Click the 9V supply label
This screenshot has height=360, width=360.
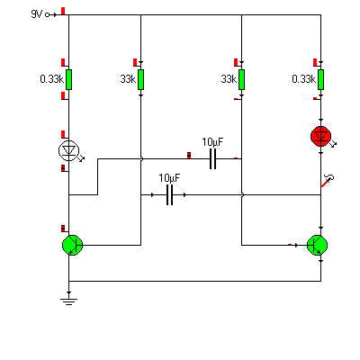(x=37, y=14)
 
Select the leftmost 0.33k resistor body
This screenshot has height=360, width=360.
(x=68, y=79)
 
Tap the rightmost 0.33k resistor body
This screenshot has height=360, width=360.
(x=320, y=79)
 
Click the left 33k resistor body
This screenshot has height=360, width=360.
(x=140, y=79)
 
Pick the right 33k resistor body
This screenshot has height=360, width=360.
(x=241, y=79)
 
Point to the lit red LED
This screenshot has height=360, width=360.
(x=320, y=137)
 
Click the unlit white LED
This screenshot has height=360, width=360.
(x=68, y=151)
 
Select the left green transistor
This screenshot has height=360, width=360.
(x=72, y=245)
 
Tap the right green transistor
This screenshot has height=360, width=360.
(x=318, y=245)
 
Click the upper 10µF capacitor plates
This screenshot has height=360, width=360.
(x=212, y=158)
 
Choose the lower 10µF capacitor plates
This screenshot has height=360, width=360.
(x=170, y=195)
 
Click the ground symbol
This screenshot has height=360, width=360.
(x=68, y=301)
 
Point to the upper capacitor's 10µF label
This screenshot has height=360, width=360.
(x=212, y=142)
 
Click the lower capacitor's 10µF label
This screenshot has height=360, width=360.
(x=170, y=178)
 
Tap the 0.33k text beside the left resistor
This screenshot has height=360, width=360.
(x=52, y=79)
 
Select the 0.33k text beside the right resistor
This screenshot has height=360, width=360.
(x=304, y=79)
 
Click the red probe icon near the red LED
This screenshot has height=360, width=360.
(x=328, y=181)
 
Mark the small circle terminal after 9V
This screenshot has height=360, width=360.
(x=48, y=14)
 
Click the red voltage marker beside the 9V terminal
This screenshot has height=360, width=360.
(x=63, y=11)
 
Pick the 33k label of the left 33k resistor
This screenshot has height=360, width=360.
(x=128, y=79)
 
